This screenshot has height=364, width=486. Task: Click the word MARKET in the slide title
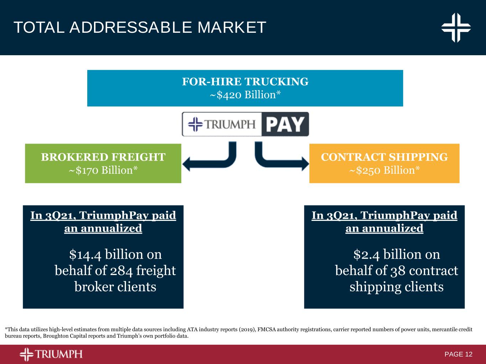[x=231, y=27]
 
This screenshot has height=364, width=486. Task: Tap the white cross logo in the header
[x=456, y=28]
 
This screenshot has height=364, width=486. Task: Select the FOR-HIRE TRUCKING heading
[x=245, y=82]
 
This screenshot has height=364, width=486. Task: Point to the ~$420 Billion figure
[x=245, y=95]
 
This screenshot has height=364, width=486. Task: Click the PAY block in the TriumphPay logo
[x=285, y=124]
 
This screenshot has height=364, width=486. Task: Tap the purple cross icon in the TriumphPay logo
[x=195, y=124]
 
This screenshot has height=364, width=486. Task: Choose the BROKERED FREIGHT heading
[x=103, y=157]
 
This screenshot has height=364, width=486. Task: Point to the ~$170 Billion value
[x=103, y=170]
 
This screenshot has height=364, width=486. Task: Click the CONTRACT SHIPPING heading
[x=385, y=157]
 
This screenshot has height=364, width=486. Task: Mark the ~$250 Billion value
[x=385, y=170]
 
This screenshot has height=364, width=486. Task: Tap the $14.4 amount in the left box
[x=85, y=255]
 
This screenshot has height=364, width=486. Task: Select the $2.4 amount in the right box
[x=366, y=255]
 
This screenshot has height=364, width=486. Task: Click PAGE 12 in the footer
[x=458, y=354]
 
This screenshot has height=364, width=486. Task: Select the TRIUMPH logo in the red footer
[x=51, y=354]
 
